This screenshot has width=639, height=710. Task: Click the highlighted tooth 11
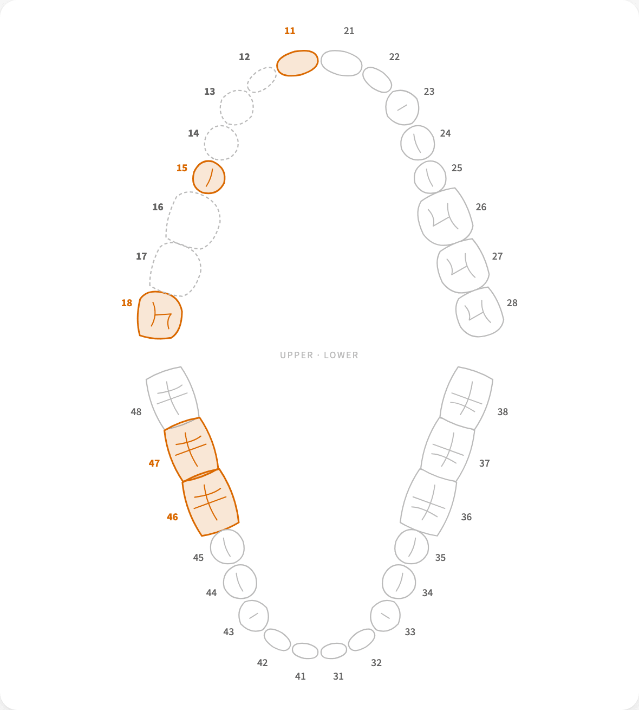[x=297, y=63]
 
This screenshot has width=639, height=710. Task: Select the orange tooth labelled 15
[x=208, y=177]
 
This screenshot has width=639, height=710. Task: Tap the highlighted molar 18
[x=160, y=315]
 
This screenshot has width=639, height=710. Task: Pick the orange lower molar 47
[x=191, y=449]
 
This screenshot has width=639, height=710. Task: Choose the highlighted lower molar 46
[x=211, y=502]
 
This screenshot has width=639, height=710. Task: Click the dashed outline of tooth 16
[x=193, y=220]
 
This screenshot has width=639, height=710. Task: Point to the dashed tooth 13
[x=237, y=107]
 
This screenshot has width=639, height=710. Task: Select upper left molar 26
[x=445, y=217]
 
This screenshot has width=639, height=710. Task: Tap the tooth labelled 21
[x=341, y=63]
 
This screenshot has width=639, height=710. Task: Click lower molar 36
[x=428, y=502]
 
